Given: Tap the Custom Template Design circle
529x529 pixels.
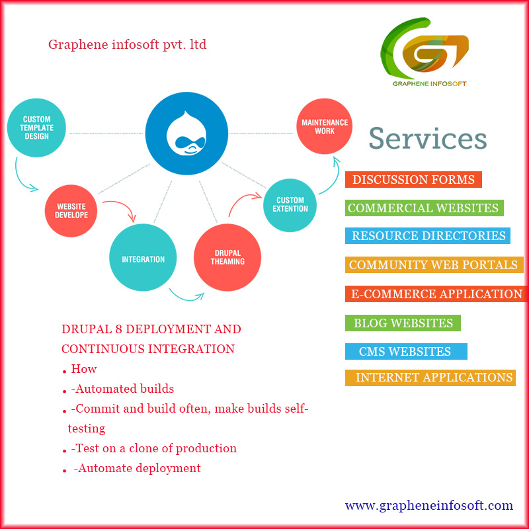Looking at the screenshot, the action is pos(36,128).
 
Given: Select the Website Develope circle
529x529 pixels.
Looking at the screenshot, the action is pos(71,211).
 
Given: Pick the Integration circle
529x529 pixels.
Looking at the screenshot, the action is pos(143,259).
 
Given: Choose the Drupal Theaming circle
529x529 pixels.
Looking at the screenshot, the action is pos(227,257).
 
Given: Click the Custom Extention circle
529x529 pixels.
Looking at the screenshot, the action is pos(290,205).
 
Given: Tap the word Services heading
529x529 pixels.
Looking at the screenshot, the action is pos(427,139).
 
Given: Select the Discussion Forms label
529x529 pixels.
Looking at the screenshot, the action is pos(413,180).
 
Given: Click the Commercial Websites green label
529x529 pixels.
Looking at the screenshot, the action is pos(424,208).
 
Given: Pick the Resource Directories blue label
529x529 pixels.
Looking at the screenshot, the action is pos(428,236).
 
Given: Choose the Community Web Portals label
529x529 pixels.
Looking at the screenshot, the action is pos(434,265).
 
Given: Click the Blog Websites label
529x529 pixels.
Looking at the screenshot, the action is pos(403,323).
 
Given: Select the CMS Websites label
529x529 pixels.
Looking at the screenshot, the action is pos(405,352).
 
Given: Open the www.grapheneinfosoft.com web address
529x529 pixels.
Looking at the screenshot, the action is pos(428,506).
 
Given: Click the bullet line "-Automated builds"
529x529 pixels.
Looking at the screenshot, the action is pos(122,389).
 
